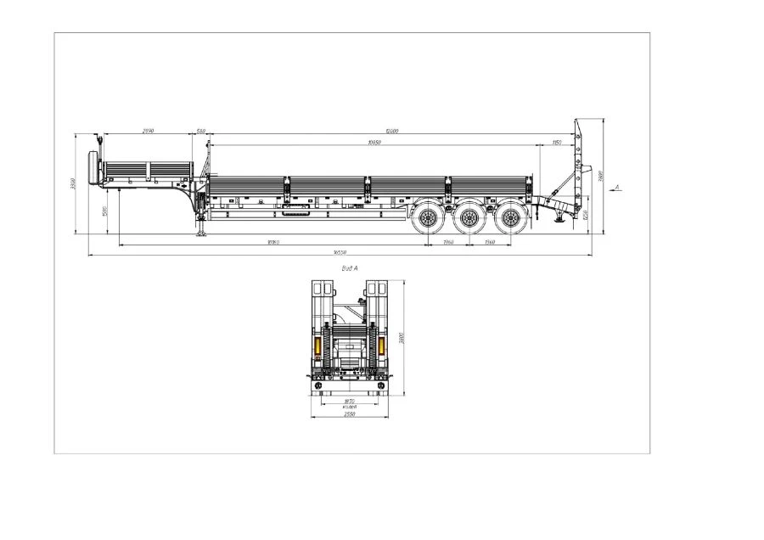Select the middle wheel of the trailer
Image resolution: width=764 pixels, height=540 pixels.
[x=469, y=219]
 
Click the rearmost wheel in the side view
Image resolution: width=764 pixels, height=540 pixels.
[x=509, y=219]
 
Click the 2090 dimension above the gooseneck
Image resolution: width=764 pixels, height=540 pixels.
[x=148, y=131]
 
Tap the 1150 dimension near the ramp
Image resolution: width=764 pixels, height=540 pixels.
[x=557, y=142]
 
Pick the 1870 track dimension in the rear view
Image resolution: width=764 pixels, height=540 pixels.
[x=349, y=401]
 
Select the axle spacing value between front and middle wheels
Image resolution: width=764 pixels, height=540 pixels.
[x=448, y=243]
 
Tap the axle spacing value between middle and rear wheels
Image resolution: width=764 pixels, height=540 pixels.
[x=489, y=243]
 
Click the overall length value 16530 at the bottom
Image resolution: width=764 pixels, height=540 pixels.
[x=340, y=253]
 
